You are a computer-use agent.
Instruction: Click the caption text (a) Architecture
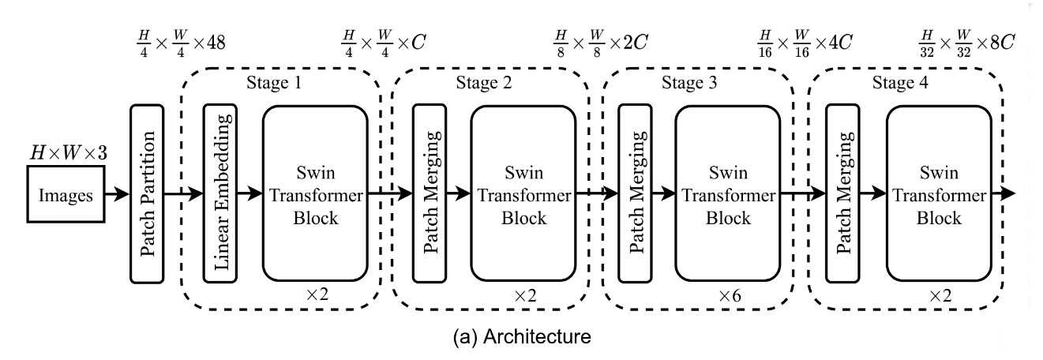521,339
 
